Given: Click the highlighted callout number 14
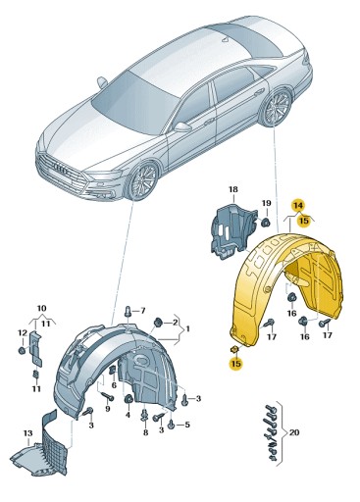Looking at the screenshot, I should (298, 205).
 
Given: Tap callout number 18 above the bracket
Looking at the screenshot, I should (233, 188).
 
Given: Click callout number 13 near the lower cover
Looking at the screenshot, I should (28, 432).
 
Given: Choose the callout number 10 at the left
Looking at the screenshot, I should (41, 309).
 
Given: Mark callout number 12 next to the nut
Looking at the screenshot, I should (20, 333).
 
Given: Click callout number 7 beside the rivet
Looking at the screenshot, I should (140, 310).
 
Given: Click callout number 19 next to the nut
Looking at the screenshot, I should (265, 203).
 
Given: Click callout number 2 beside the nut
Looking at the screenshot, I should (175, 322).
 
